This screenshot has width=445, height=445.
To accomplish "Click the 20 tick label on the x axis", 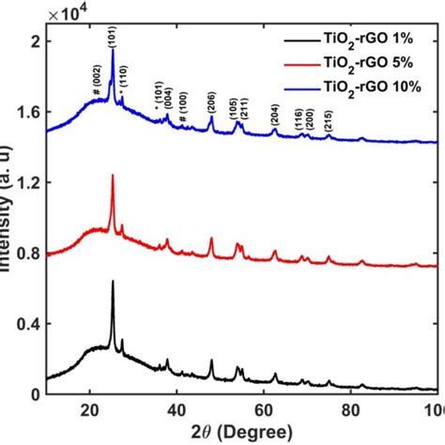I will coord(90,407).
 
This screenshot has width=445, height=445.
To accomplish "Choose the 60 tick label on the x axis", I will coord(264,407).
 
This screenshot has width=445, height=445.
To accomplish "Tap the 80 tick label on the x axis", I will coord(351,407).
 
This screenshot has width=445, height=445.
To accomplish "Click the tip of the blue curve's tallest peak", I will coord(113,50).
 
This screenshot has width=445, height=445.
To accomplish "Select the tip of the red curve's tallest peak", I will coord(113,175).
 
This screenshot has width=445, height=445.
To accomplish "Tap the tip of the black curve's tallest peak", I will coord(113,281).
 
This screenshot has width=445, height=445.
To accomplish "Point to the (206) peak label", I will coord(210,97).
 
